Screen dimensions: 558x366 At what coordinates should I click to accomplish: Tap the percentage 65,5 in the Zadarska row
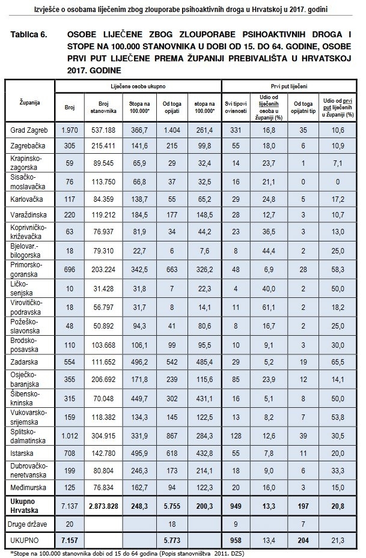tap(338, 363)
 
